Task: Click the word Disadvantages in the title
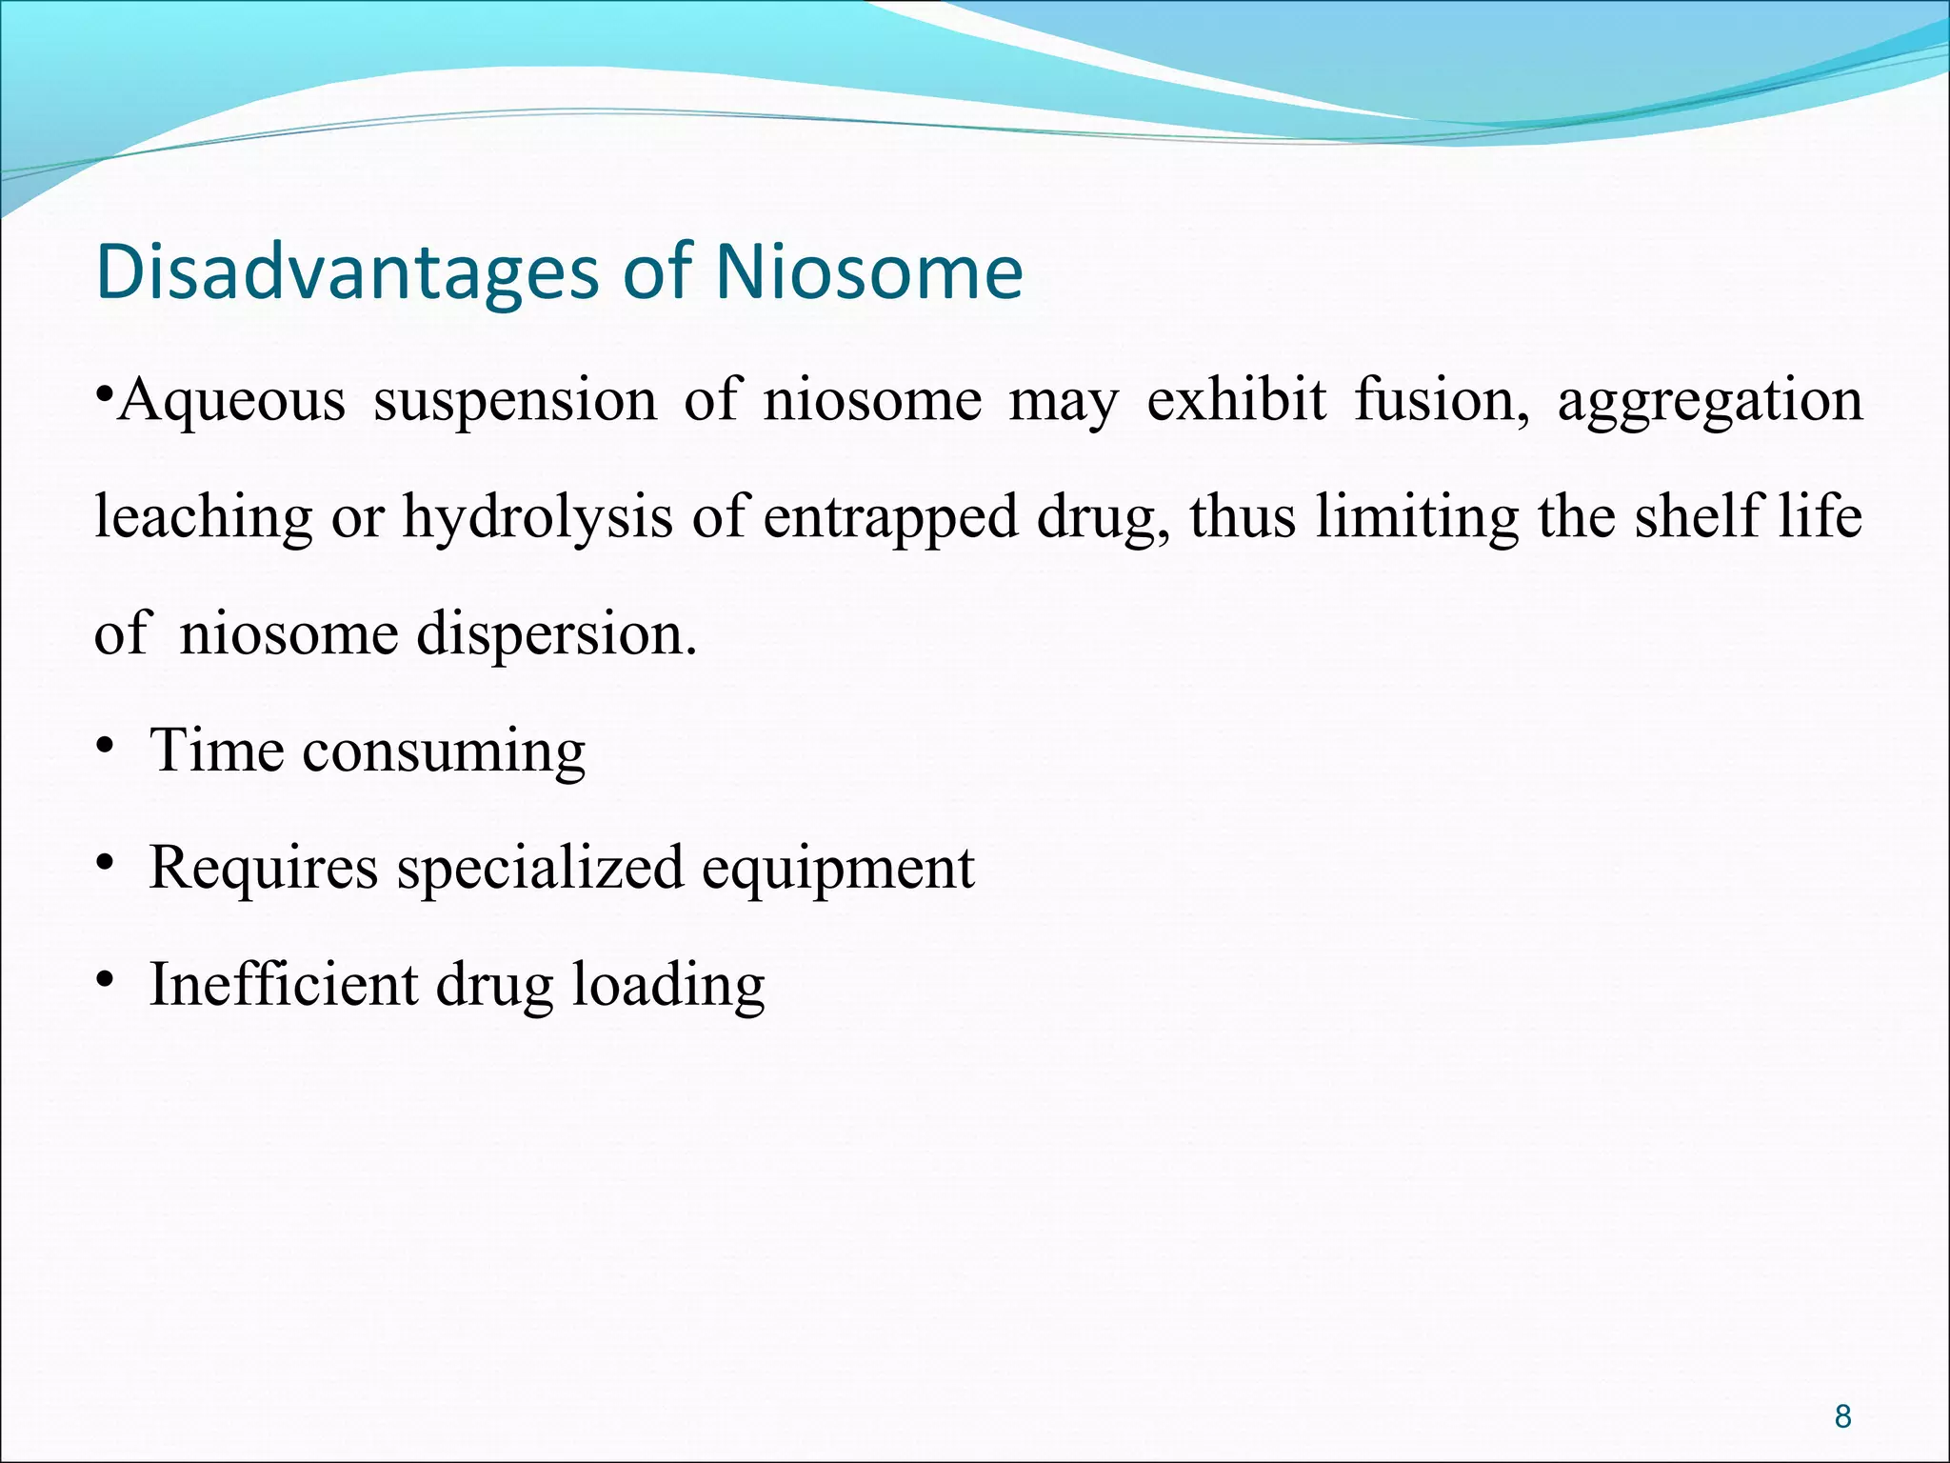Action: click(x=348, y=273)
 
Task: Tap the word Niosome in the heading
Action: click(x=868, y=272)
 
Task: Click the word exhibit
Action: click(x=1236, y=399)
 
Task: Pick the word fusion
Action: click(x=1442, y=400)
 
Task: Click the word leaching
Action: click(x=203, y=518)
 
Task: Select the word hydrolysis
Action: click(x=536, y=518)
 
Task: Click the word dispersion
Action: click(x=556, y=635)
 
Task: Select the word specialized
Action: click(x=540, y=869)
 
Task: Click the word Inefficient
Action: click(x=283, y=985)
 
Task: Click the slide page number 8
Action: click(x=1842, y=1416)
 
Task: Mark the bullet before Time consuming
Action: click(x=104, y=751)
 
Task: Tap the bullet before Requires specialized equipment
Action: click(x=104, y=867)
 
